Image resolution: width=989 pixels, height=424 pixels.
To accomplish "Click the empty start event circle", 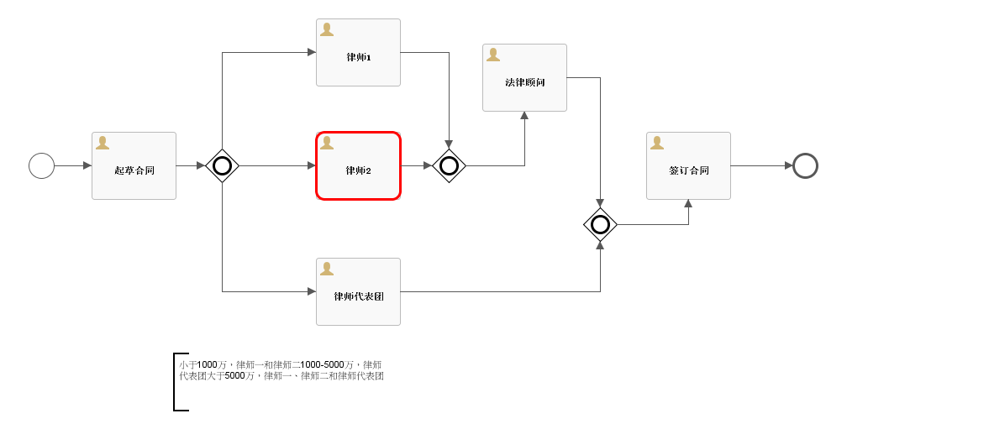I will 41,165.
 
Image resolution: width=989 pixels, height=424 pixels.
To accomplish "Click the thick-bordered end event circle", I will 805,165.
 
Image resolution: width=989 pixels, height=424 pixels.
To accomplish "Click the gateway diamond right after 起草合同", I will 222,165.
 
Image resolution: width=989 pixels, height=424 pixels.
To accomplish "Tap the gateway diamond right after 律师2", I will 449,165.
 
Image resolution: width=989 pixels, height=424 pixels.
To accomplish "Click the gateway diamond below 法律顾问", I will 600,224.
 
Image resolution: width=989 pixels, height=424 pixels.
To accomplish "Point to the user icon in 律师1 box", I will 327,29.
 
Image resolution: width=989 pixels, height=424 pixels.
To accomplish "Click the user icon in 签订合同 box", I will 657,143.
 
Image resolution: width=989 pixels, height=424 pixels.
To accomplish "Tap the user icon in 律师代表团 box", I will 327,269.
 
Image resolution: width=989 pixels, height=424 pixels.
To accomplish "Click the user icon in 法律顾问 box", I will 493,55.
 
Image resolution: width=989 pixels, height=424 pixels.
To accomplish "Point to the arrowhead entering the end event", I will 788,165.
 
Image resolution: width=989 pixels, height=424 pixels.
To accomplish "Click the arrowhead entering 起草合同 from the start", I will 87,165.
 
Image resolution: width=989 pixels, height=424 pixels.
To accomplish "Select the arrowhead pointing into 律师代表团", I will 312,291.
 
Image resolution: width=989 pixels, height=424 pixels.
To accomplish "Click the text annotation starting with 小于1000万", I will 281,370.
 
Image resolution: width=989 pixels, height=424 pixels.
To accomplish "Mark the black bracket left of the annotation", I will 176,382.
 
